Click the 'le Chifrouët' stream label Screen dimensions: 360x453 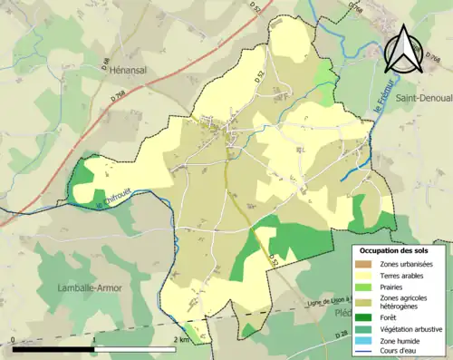point(114,199)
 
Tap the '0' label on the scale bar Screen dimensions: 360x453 point(12,340)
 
